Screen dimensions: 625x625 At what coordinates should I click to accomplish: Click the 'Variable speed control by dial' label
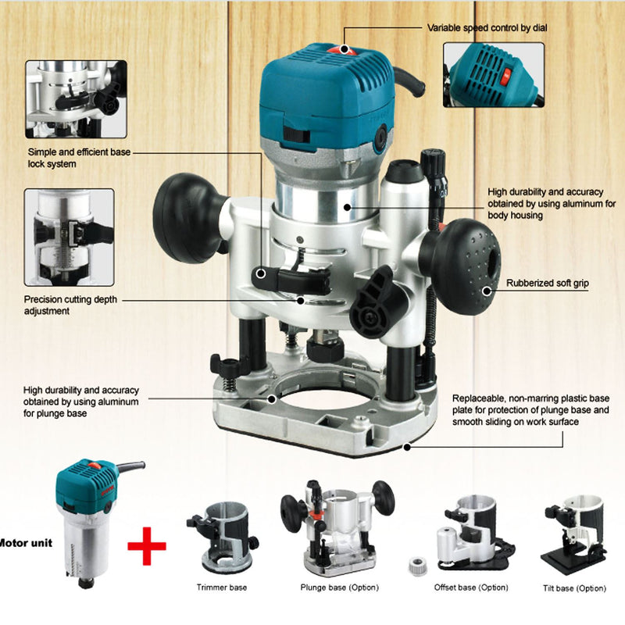click(487, 28)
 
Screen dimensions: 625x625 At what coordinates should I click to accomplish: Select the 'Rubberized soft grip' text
click(548, 283)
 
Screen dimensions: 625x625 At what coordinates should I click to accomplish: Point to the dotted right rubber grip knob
click(462, 266)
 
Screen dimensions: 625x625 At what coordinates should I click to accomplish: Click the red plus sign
click(147, 545)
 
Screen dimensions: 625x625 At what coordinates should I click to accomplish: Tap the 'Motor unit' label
click(26, 542)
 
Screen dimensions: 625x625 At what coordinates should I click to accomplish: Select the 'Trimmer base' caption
click(222, 587)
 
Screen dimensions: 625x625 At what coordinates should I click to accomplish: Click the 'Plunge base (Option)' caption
click(340, 587)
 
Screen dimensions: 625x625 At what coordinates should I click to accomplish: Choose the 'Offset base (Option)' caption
click(471, 587)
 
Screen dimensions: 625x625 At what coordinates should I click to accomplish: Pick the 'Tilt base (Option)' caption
click(574, 588)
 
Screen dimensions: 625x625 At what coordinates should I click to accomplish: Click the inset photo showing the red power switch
click(494, 75)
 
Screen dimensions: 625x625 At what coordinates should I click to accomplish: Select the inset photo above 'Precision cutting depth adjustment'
click(70, 237)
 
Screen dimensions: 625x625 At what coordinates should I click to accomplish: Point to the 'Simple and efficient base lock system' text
click(79, 158)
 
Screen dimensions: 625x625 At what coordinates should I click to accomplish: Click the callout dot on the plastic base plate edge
click(407, 447)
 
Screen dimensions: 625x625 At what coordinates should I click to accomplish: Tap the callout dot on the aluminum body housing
click(347, 207)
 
